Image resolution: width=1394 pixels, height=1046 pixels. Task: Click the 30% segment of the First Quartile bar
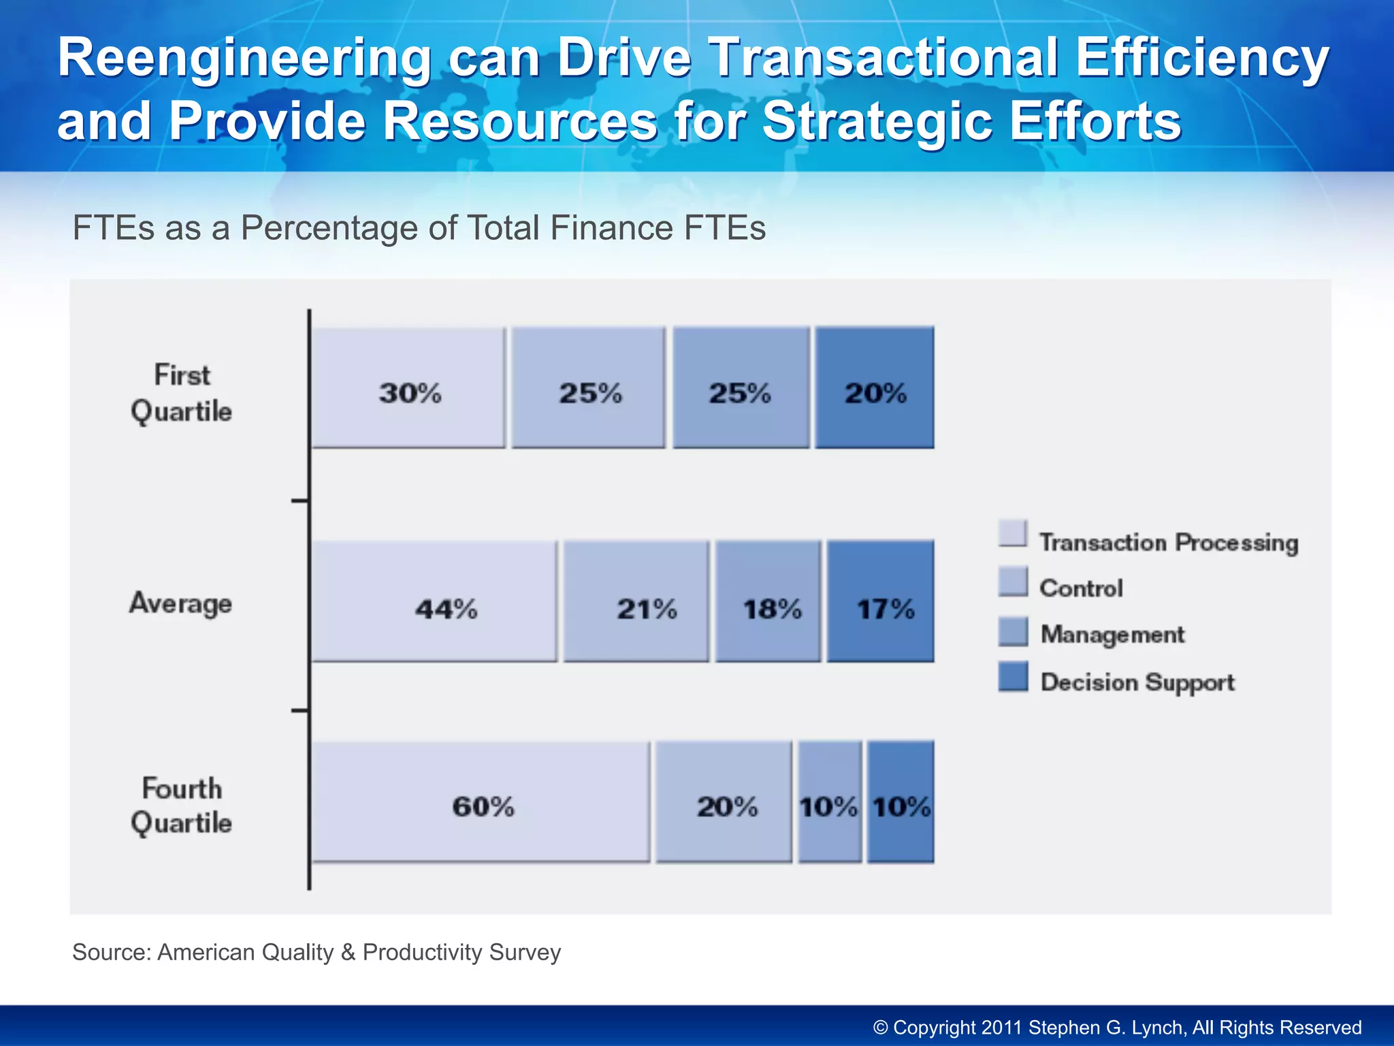tap(408, 387)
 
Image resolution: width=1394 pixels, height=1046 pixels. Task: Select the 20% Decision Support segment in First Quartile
tap(875, 387)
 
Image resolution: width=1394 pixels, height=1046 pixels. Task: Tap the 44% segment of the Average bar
tap(434, 601)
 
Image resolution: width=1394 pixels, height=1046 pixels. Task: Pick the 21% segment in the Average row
tap(636, 601)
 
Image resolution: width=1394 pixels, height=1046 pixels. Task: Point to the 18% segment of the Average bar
tap(768, 601)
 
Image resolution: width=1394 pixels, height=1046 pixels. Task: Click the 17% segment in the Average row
tap(881, 601)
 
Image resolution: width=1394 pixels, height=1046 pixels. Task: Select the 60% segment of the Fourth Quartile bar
tap(481, 802)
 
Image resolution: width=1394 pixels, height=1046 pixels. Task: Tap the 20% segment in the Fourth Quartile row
tap(724, 802)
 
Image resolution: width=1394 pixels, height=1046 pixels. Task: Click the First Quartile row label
tap(181, 394)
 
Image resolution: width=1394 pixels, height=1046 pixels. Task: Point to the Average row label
tap(181, 603)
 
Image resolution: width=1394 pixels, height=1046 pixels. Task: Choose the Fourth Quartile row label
tap(181, 806)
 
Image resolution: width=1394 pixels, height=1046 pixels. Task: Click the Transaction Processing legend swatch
tap(1013, 533)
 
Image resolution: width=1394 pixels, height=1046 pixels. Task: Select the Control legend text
tap(1081, 588)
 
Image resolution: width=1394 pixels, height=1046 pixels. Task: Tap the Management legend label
tap(1112, 634)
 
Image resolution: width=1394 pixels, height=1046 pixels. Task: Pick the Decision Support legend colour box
tap(1013, 676)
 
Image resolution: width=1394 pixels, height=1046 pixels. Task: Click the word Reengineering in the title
tap(244, 59)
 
